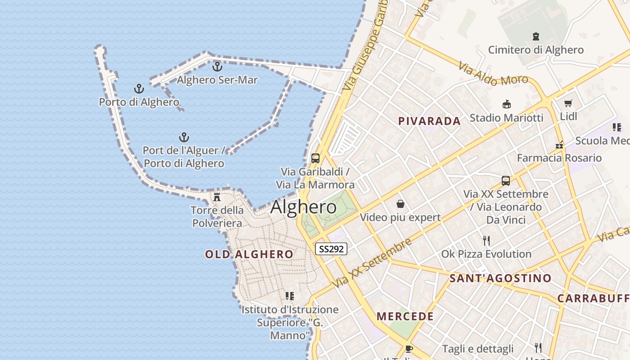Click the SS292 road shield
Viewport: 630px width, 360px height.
click(331, 249)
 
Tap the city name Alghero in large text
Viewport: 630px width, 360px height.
click(303, 207)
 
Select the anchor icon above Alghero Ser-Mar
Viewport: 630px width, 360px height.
click(217, 67)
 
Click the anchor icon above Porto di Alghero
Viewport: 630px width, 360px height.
click(139, 89)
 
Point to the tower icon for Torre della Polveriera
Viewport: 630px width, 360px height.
click(217, 197)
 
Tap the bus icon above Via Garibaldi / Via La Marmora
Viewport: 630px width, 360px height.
click(315, 158)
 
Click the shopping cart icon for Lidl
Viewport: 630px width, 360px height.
click(568, 103)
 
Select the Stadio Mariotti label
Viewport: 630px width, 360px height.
click(506, 118)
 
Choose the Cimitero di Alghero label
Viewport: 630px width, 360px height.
click(535, 49)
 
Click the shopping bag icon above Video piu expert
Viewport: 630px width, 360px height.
click(400, 204)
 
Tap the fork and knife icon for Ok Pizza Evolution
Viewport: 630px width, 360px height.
click(486, 241)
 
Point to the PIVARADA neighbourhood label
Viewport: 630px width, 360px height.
click(429, 121)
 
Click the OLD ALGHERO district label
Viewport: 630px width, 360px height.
click(249, 254)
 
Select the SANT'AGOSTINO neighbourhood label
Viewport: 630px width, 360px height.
click(500, 278)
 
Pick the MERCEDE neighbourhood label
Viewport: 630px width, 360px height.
click(405, 316)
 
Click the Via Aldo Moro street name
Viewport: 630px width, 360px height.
click(493, 74)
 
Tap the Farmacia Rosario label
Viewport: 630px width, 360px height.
click(559, 158)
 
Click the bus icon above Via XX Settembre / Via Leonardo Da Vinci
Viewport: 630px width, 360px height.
click(506, 181)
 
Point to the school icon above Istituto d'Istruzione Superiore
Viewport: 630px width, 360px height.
click(290, 296)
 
